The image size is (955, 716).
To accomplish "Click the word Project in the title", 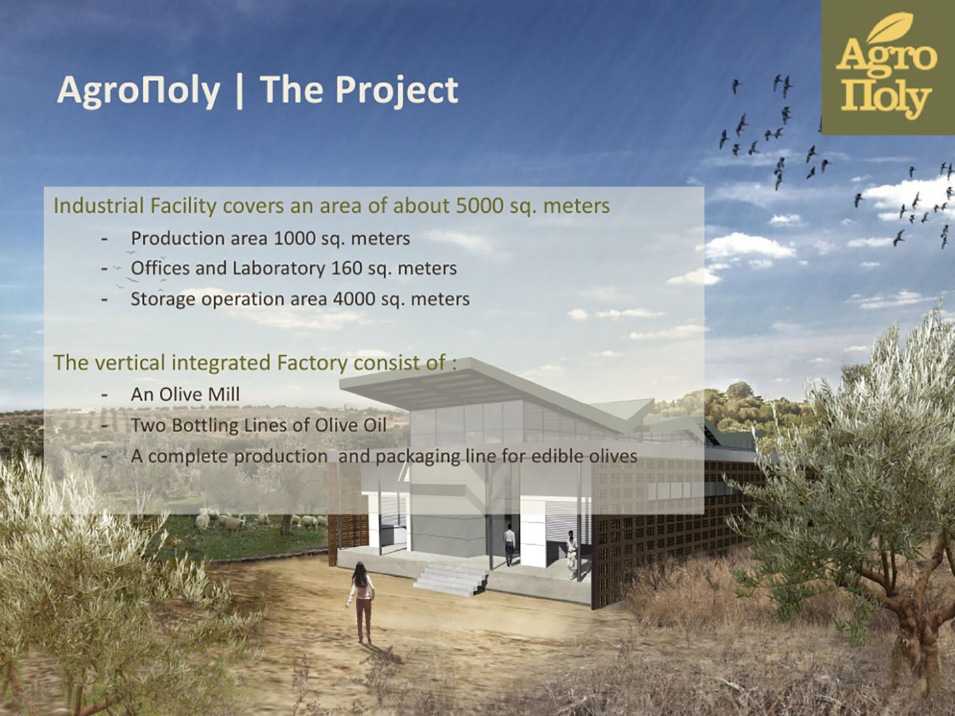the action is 396,90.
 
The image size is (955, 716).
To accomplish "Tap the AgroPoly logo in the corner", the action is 888,68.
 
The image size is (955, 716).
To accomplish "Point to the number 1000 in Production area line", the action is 295,238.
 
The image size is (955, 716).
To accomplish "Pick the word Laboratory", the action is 278,269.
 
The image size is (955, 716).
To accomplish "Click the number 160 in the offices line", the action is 347,268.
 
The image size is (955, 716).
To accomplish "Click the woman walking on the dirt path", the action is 361,603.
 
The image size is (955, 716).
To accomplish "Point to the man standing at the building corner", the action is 572,555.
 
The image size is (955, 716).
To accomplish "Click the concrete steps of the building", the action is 451,579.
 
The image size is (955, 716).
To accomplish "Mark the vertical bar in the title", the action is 239,91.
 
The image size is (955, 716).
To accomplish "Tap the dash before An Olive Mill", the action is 104,396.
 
